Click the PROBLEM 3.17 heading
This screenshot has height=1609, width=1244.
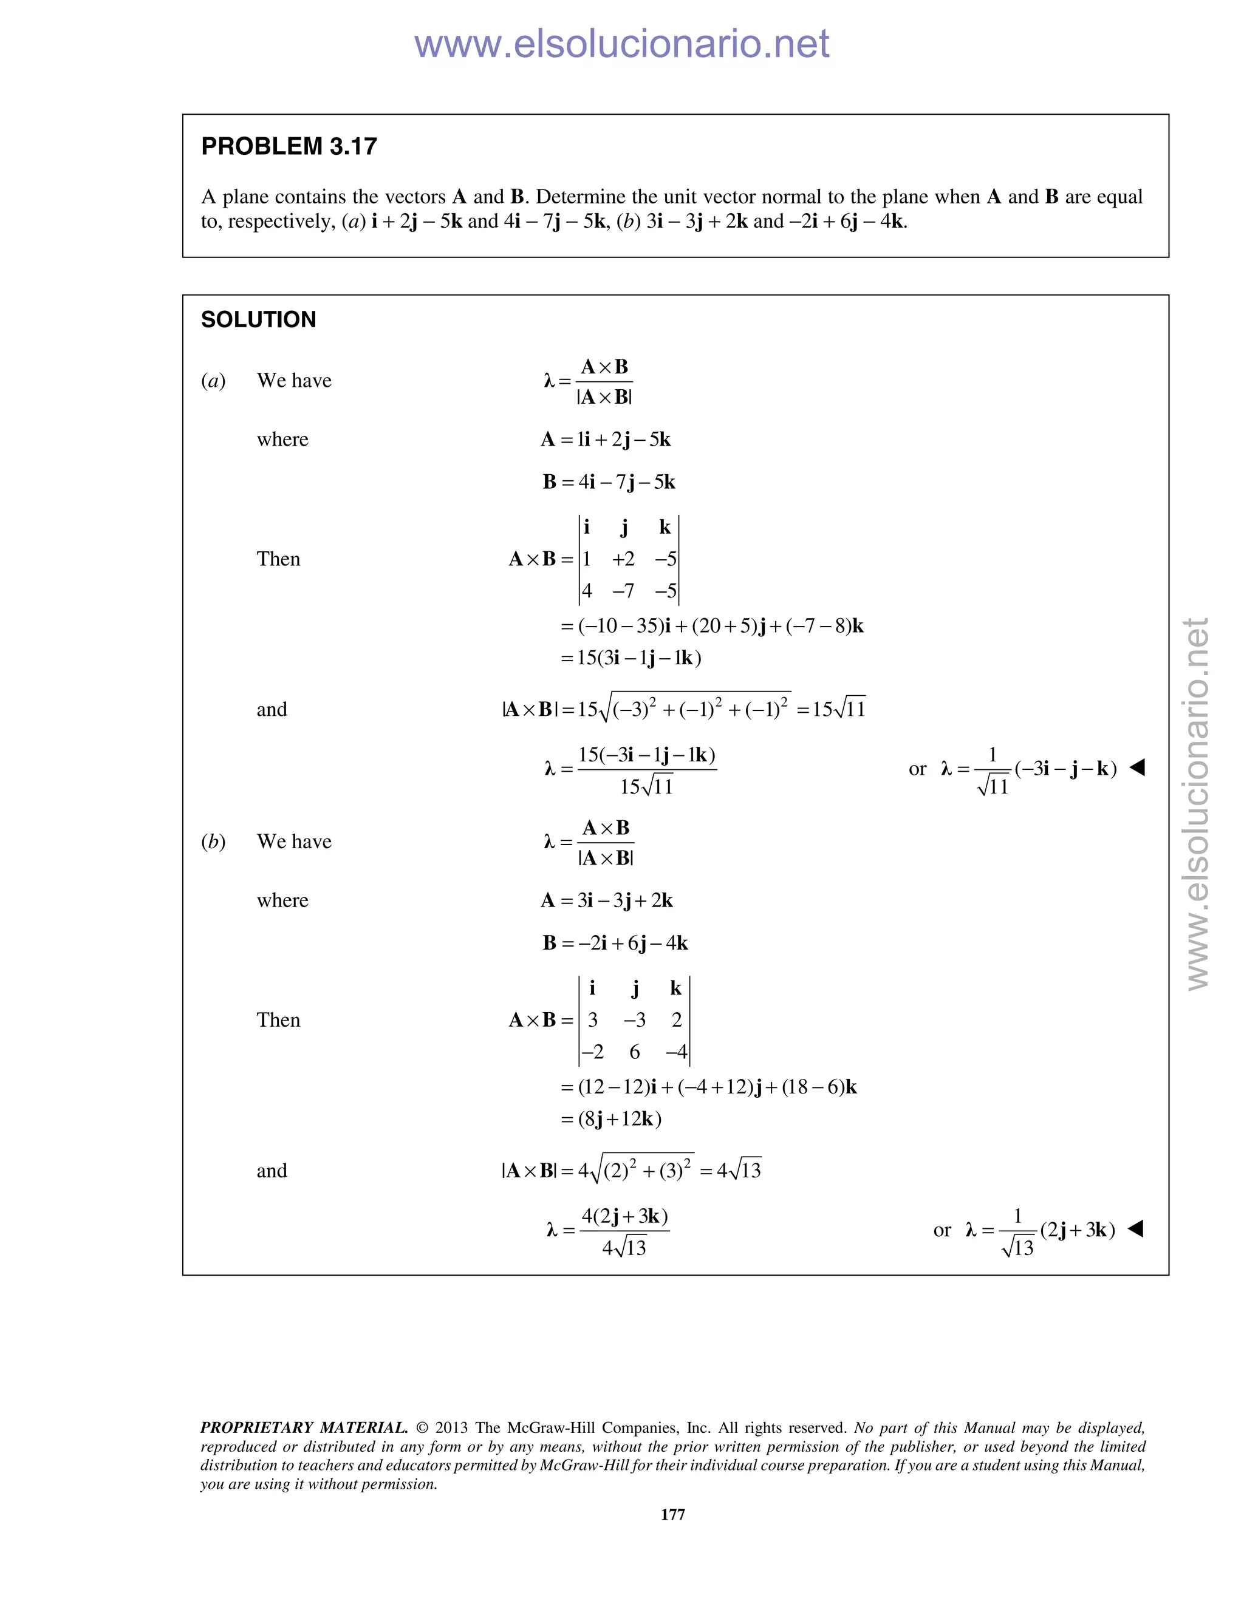289,146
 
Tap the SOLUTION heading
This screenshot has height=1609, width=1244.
259,320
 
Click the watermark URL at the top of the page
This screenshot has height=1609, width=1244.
621,44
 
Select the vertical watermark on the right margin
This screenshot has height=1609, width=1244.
1198,803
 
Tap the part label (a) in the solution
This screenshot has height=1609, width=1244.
214,381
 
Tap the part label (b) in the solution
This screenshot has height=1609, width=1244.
214,842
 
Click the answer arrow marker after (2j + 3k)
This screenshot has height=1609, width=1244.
1136,1228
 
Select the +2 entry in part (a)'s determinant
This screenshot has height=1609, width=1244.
623,559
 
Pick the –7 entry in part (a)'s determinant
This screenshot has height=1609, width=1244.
623,591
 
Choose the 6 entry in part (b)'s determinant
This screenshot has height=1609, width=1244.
635,1052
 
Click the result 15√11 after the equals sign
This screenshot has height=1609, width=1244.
839,709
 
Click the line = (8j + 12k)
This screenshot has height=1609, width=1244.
611,1119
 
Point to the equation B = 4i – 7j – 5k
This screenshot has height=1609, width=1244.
609,482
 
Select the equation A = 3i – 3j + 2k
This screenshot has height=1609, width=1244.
607,900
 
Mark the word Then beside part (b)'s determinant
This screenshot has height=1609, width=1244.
279,1021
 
